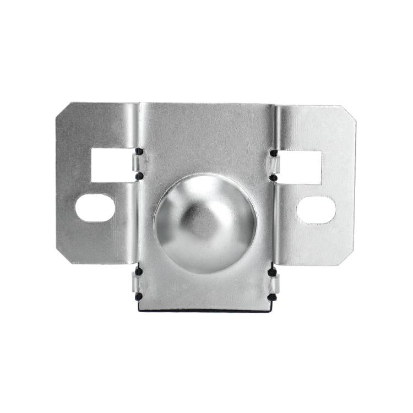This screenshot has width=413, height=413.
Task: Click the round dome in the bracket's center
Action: [205, 223]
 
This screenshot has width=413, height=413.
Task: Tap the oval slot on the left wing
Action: [95, 208]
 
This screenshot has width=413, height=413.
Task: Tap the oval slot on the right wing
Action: [316, 210]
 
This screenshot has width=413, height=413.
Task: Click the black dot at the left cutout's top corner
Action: [139, 151]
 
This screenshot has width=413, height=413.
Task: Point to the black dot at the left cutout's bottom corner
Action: [139, 176]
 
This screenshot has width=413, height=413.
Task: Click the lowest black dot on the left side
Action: [138, 296]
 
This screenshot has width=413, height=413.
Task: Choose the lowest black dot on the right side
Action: [272, 297]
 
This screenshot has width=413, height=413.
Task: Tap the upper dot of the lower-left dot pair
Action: [139, 271]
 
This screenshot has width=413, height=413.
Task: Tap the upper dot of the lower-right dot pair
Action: [272, 272]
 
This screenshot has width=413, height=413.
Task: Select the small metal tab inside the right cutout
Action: [275, 165]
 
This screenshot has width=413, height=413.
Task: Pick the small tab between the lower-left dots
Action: [136, 284]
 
